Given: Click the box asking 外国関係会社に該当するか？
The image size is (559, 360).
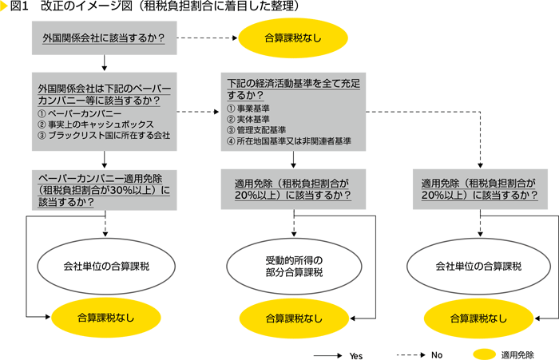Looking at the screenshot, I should pos(105,37).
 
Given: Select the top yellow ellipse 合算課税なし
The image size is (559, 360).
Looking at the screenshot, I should pos(294,37).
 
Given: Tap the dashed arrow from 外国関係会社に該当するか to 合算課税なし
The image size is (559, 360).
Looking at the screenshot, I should pos(206,37).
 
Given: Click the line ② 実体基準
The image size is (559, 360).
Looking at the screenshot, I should pos(254,118).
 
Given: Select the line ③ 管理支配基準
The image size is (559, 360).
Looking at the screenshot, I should pos(259,129).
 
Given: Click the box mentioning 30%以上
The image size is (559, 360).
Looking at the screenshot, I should pos(105,190).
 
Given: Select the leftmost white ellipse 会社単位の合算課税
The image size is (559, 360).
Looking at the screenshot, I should pos(105,266).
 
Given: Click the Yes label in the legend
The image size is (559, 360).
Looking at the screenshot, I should pos(356,354).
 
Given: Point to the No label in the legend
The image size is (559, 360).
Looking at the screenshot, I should pos(436,354).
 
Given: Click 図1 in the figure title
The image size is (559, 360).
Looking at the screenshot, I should pos(20,7).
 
